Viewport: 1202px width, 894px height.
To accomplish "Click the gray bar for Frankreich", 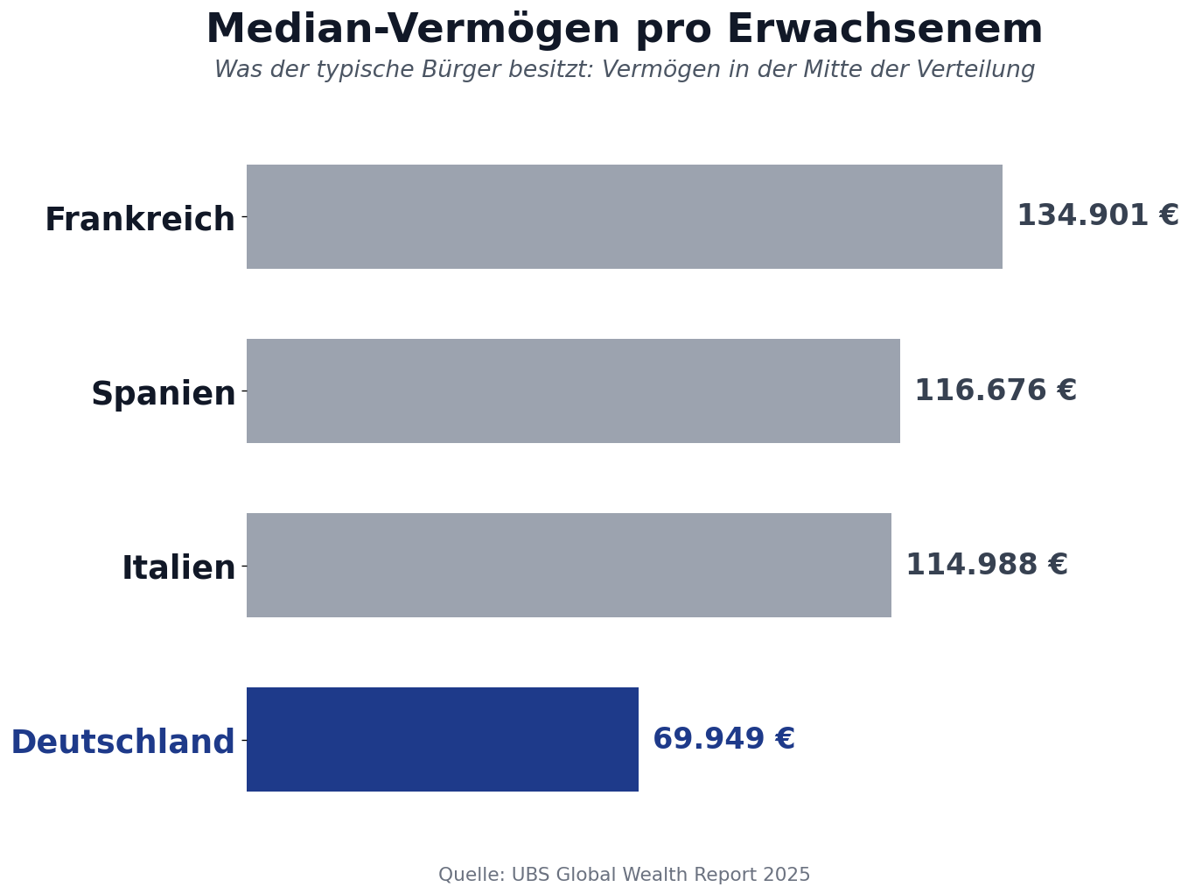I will pyautogui.click(x=624, y=216).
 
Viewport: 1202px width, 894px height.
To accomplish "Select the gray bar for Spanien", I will pyautogui.click(x=573, y=391).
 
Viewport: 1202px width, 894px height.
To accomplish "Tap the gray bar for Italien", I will pyautogui.click(x=569, y=565).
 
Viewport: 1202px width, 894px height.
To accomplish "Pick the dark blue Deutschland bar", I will pyautogui.click(x=442, y=739).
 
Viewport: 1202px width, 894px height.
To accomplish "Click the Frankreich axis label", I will pyautogui.click(x=140, y=219).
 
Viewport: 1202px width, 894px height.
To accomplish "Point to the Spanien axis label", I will pyautogui.click(x=164, y=393).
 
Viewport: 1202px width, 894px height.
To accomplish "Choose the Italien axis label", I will pyautogui.click(x=178, y=567).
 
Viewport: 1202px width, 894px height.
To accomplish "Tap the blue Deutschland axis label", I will pyautogui.click(x=122, y=742).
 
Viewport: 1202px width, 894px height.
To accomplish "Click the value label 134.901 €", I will pyautogui.click(x=1097, y=215).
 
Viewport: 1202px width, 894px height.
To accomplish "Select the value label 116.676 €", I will pyautogui.click(x=995, y=391).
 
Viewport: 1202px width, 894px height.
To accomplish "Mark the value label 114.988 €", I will pyautogui.click(x=986, y=565).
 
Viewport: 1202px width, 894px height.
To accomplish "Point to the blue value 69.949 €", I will pyautogui.click(x=723, y=739).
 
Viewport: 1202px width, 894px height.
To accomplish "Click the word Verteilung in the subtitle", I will pyautogui.click(x=979, y=70).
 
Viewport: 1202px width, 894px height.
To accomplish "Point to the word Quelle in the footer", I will pyautogui.click(x=471, y=875).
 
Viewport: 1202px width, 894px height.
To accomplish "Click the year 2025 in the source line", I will pyautogui.click(x=786, y=875).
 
